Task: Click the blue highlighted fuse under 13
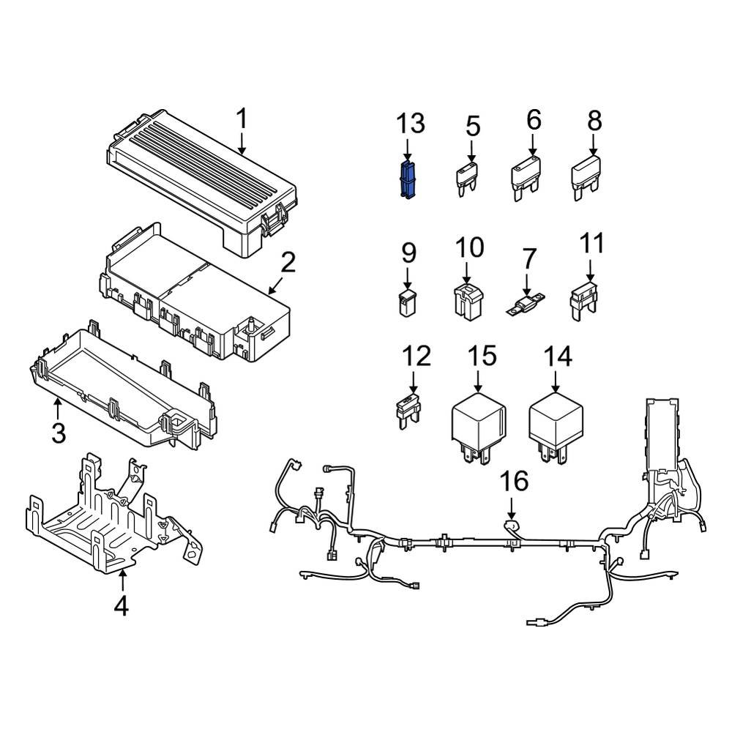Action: [x=408, y=180]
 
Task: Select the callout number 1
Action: [x=242, y=119]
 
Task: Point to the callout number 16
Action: [x=513, y=482]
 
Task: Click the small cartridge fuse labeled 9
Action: [x=408, y=302]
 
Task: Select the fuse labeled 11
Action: [x=589, y=302]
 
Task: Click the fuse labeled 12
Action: [x=408, y=408]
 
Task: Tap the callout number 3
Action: [x=58, y=432]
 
